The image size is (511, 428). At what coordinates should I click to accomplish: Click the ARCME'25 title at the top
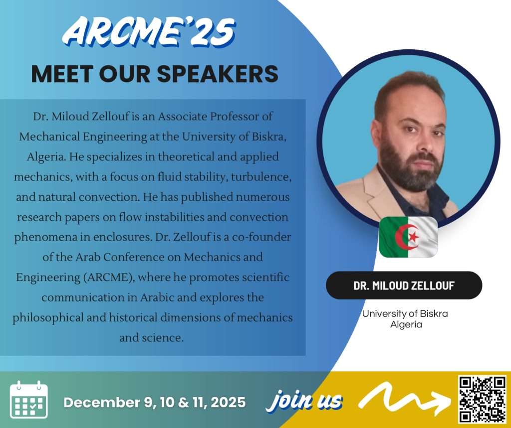point(149,31)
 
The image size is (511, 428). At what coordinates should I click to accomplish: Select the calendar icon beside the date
point(28,400)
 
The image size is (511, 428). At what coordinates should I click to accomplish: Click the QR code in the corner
point(482,400)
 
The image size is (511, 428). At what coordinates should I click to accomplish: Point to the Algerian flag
point(408,237)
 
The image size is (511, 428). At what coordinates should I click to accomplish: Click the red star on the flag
point(414,237)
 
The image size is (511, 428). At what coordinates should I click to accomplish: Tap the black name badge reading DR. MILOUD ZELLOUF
point(404,285)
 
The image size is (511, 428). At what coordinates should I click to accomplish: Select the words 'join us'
point(304,400)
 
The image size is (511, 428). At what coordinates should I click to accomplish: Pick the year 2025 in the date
point(228,402)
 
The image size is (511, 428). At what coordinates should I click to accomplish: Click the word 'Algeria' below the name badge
point(406,324)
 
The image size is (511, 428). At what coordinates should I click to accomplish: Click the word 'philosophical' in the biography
point(48,318)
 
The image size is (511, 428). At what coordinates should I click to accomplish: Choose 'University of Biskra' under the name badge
point(405,314)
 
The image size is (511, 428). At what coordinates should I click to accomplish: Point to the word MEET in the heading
point(62,74)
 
